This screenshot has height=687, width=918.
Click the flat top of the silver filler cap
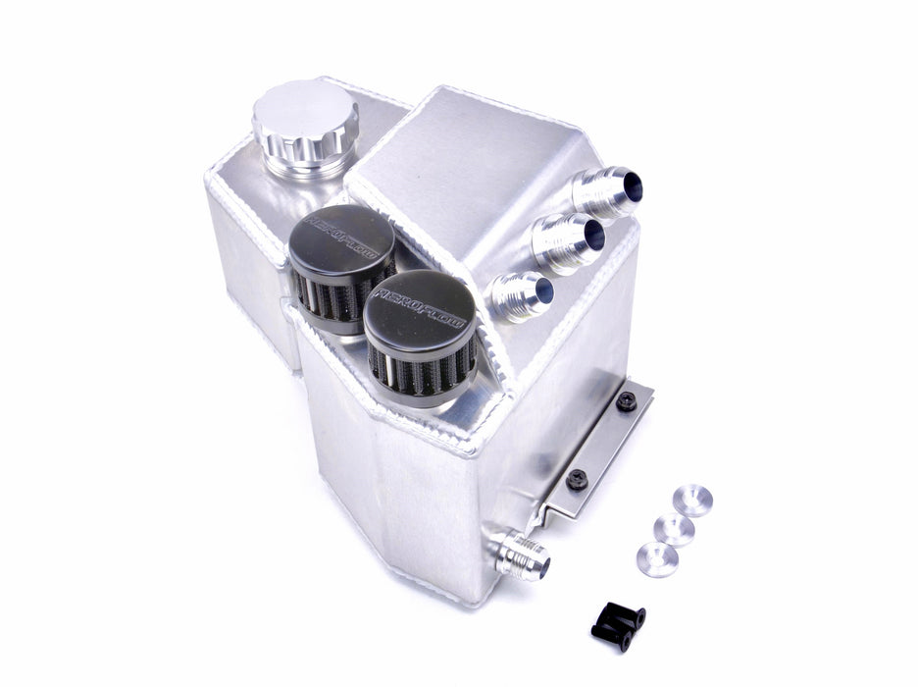tap(305, 110)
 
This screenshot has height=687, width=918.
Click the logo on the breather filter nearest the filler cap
tap(339, 233)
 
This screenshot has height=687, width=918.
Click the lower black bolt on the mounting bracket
tap(577, 480)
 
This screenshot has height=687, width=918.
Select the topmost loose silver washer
tap(692, 500)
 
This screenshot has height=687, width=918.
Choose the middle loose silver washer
tap(674, 530)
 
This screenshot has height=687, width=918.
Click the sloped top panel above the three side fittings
tap(461, 167)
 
